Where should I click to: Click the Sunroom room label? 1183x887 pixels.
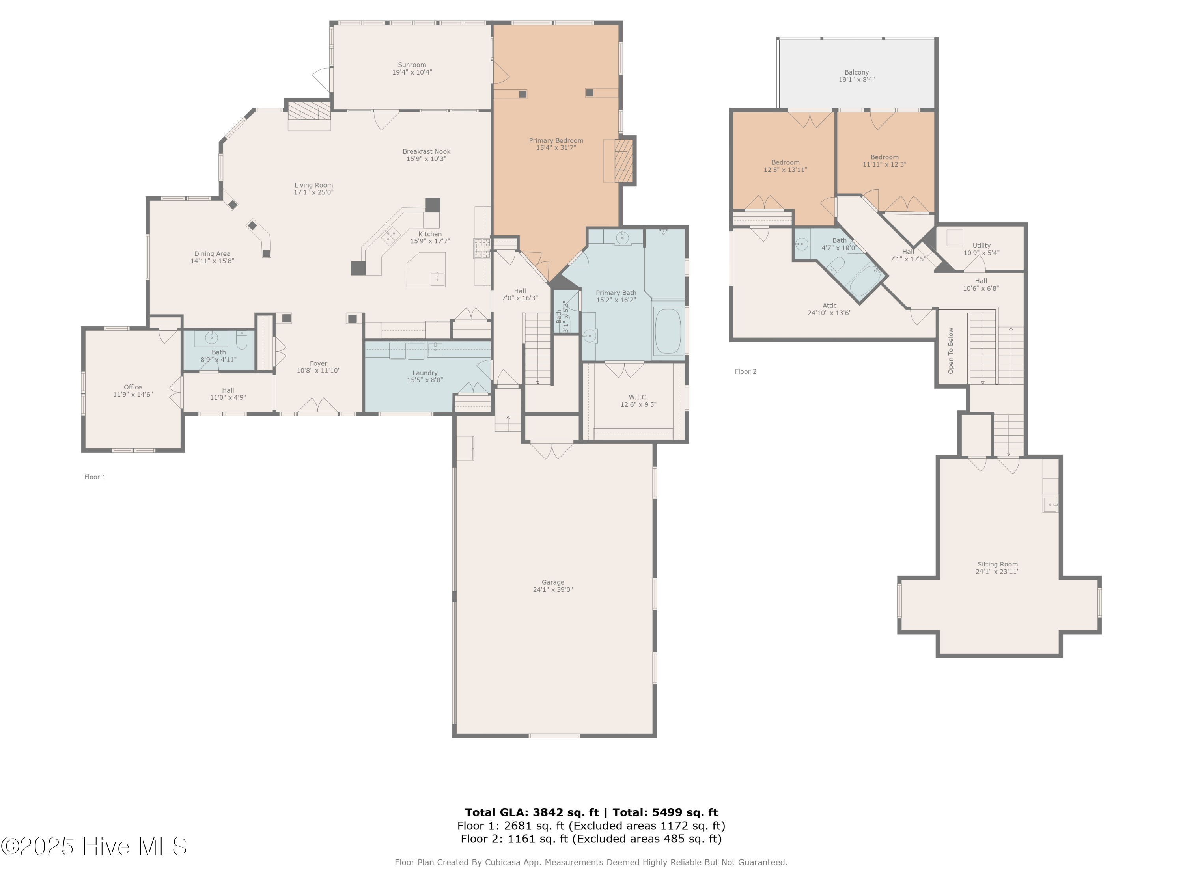pyautogui.click(x=412, y=65)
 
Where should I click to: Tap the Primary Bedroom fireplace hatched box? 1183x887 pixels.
pyautogui.click(x=623, y=160)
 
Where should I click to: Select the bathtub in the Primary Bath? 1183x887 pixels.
pyautogui.click(x=668, y=331)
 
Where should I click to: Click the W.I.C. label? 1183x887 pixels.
pyautogui.click(x=638, y=397)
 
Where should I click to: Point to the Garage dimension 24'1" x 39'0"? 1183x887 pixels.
pyautogui.click(x=552, y=590)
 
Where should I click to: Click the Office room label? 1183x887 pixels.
pyautogui.click(x=132, y=387)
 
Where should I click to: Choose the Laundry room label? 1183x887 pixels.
pyautogui.click(x=425, y=373)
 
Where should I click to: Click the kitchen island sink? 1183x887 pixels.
pyautogui.click(x=437, y=278)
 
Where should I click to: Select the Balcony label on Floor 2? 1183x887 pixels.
pyautogui.click(x=856, y=72)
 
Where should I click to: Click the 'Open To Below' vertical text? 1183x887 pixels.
pyautogui.click(x=950, y=350)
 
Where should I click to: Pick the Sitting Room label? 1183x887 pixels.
pyautogui.click(x=997, y=564)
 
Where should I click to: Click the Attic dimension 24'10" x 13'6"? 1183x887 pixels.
pyautogui.click(x=829, y=313)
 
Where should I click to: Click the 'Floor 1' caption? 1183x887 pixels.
pyautogui.click(x=95, y=477)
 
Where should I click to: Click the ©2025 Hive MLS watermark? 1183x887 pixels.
pyautogui.click(x=93, y=846)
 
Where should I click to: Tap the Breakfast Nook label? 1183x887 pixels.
pyautogui.click(x=426, y=151)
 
